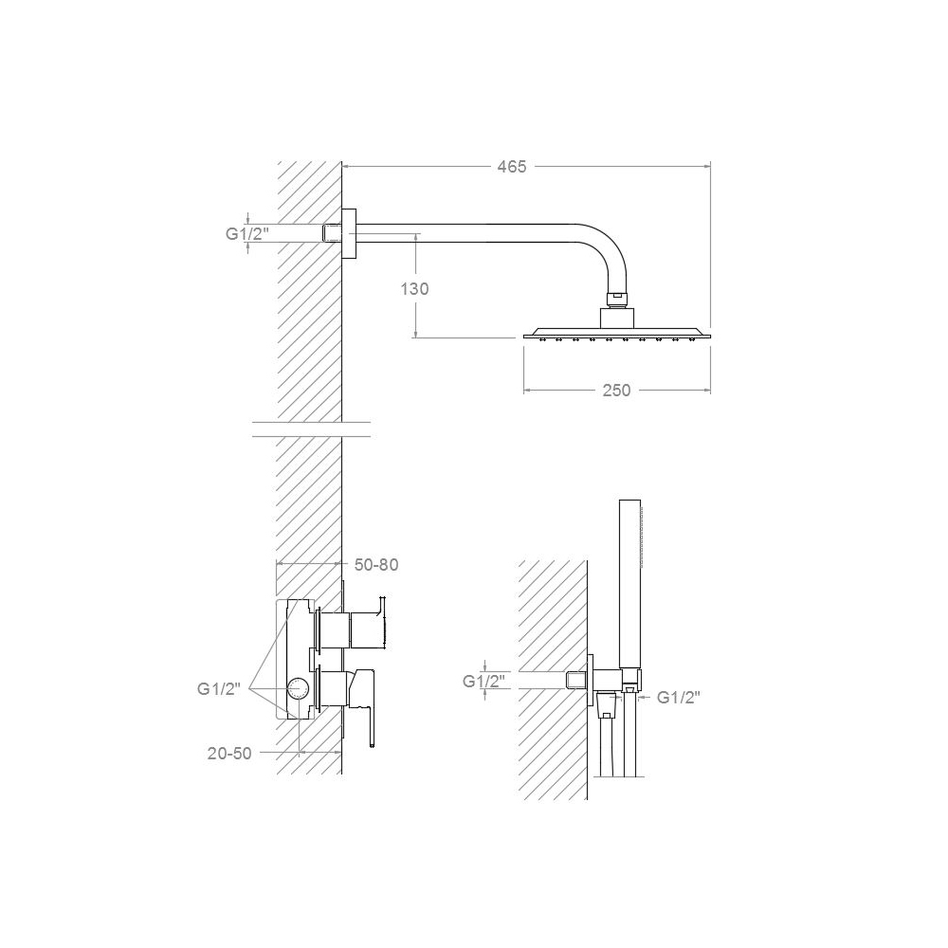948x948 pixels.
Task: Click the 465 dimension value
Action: pyautogui.click(x=512, y=166)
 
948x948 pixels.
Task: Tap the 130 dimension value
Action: pyautogui.click(x=415, y=289)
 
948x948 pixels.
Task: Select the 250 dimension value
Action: pyautogui.click(x=617, y=391)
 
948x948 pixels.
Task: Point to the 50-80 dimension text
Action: pyautogui.click(x=376, y=565)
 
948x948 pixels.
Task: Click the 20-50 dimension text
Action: pyautogui.click(x=229, y=754)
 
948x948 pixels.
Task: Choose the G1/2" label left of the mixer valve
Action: pyautogui.click(x=218, y=688)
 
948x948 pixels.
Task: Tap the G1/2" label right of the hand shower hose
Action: pyautogui.click(x=679, y=698)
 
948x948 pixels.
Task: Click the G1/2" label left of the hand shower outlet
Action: pyautogui.click(x=483, y=682)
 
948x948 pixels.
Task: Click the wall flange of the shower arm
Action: pyautogui.click(x=349, y=234)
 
